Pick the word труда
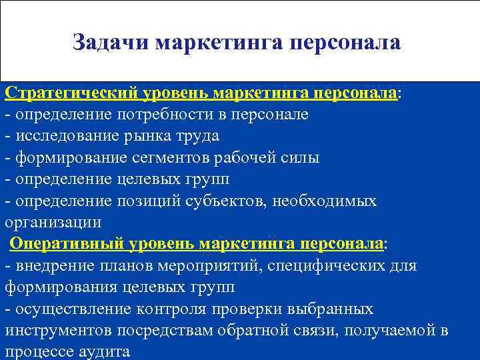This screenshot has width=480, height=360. click(195, 136)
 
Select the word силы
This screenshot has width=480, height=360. click(301, 158)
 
